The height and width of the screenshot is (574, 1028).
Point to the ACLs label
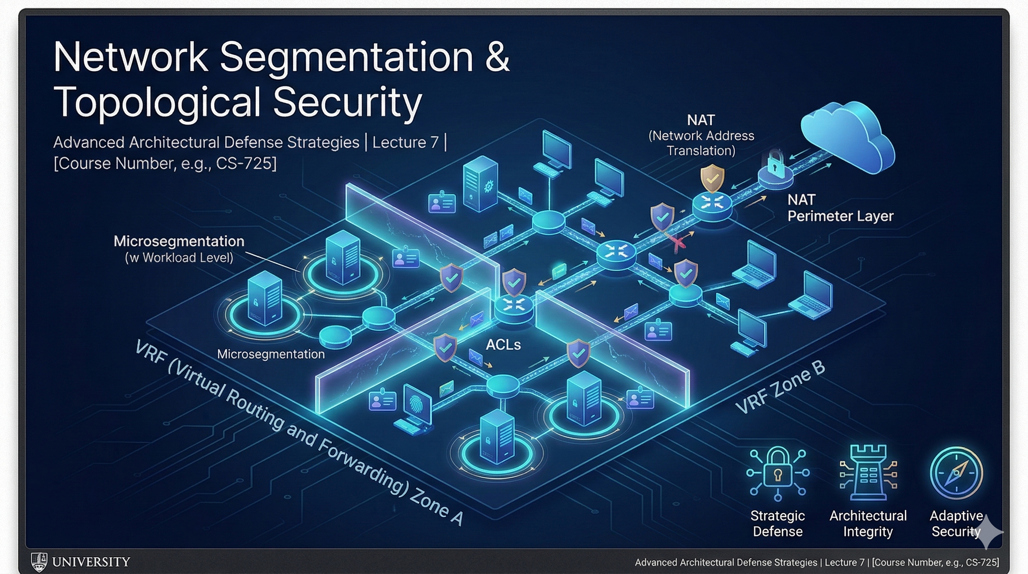click(x=503, y=345)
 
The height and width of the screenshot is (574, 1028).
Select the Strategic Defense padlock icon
click(x=777, y=473)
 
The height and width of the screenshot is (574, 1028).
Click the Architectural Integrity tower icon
click(x=868, y=473)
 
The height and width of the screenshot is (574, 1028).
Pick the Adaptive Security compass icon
click(x=956, y=473)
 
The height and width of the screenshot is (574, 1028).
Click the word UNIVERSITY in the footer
click(x=91, y=562)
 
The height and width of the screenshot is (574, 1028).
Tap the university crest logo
click(x=39, y=562)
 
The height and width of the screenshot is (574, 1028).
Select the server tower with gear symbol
click(x=480, y=183)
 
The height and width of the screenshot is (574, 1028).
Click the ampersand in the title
click(x=497, y=57)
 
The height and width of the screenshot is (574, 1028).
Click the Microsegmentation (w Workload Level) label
click(x=179, y=249)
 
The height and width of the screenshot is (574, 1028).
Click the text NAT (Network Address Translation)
click(x=701, y=135)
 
